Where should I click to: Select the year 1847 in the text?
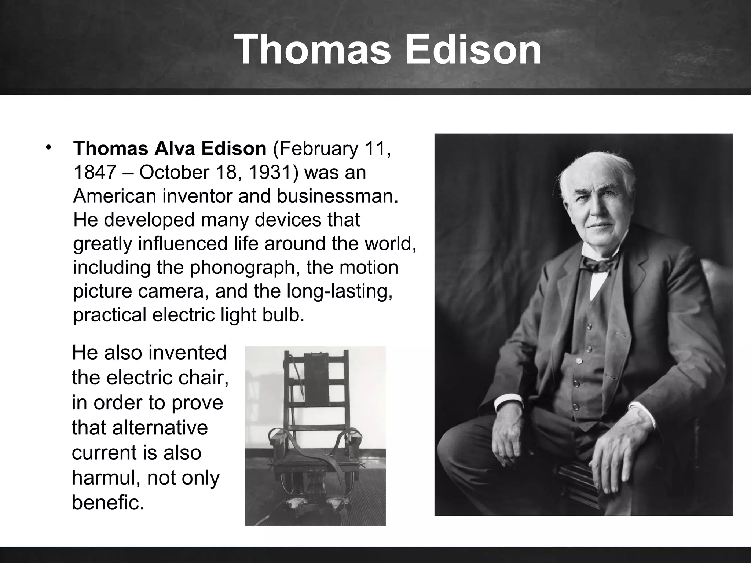coord(95,172)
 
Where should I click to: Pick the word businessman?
coord(337,196)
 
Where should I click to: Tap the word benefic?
coord(107,502)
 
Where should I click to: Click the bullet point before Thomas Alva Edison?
coord(48,147)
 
